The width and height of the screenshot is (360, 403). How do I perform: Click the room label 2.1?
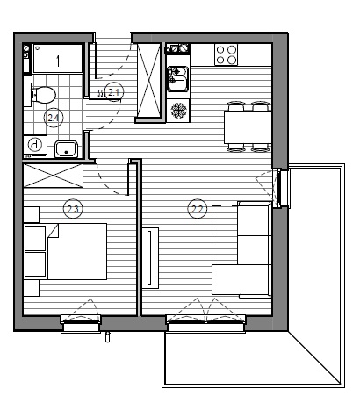114,92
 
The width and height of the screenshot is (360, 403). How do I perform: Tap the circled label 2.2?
198,209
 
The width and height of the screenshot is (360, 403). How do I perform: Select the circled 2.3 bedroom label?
73,209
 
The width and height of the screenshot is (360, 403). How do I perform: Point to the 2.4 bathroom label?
54,118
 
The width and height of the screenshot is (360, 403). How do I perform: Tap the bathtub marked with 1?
58,58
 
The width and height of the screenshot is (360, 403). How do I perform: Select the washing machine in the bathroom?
35,147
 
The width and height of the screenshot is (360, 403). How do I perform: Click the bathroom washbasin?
67,149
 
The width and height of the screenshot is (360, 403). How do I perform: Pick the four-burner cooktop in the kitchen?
226,54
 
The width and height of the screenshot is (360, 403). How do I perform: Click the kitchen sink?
178,79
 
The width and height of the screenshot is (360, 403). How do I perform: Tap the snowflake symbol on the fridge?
178,111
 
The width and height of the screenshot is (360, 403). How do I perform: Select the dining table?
248,127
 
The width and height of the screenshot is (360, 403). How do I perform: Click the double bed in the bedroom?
77,251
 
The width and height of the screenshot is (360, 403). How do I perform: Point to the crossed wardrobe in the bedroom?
54,176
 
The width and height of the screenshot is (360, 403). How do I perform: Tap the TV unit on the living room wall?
150,258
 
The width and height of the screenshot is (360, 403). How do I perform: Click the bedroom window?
81,324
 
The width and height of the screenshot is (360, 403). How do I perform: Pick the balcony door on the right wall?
280,188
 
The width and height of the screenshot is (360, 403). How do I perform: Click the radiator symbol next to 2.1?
101,93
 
